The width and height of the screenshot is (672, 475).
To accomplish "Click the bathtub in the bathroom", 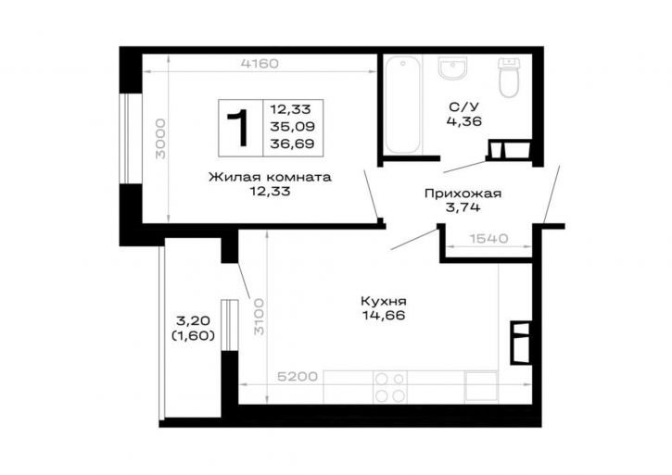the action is coord(402,105).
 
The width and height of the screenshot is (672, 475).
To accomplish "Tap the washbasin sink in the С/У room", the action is coord(452,69).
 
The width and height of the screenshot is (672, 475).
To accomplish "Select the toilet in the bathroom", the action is coord(509,78).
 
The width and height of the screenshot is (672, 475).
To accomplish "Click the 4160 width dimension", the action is coord(260,64).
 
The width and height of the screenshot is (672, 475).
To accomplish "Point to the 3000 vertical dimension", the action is coord(160,139).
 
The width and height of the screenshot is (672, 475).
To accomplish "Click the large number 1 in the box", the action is coord(238,128).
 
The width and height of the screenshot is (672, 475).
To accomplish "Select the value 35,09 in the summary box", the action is coord(292,126).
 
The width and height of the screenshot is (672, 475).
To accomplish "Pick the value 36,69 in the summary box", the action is coord(292,144).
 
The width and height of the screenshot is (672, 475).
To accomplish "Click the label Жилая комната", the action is coord(270,177).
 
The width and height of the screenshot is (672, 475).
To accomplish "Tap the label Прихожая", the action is coord(463,194).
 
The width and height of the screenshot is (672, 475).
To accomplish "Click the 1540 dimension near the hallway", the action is coord(489,238).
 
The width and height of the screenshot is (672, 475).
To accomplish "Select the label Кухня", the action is coord(384,301).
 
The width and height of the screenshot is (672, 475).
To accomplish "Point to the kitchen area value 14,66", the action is coord(384,316).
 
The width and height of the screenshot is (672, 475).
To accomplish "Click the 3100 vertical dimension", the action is coord(259,317).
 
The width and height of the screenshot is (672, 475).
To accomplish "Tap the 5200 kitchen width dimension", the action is coord(298,377).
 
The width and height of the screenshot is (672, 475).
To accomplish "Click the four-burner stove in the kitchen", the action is coord(390,387).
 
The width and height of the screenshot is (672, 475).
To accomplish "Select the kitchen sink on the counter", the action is coord(481,386).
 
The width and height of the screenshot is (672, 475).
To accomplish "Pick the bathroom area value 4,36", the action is coord(464,121).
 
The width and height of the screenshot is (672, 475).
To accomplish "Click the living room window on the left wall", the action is coord(125,139).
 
